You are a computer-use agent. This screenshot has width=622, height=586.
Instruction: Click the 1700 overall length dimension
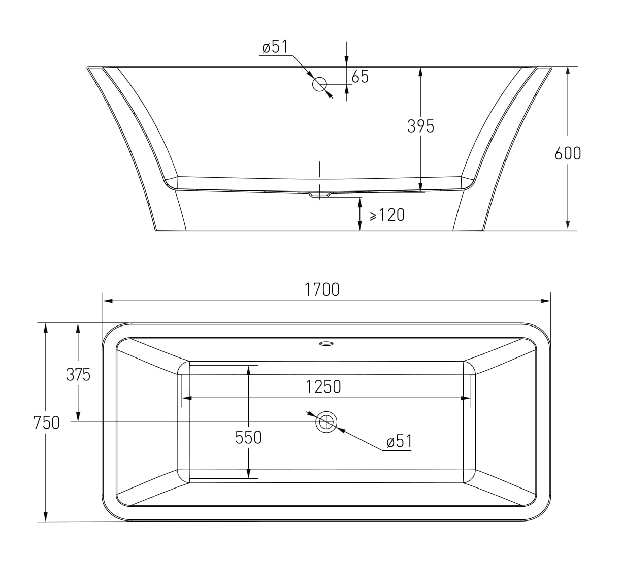(x=322, y=289)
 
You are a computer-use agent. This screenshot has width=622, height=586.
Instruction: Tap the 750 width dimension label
(x=46, y=422)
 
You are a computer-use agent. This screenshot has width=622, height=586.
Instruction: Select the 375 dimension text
(x=78, y=374)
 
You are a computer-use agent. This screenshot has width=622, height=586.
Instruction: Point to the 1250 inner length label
(x=323, y=387)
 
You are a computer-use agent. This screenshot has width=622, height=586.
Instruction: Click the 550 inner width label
(x=248, y=437)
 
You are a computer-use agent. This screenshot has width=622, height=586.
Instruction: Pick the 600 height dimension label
(x=568, y=153)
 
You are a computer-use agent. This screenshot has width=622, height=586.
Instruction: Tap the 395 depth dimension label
(x=420, y=126)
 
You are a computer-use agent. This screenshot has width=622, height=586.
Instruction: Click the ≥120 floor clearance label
(x=387, y=215)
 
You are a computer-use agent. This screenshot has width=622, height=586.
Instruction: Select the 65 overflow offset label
(x=360, y=77)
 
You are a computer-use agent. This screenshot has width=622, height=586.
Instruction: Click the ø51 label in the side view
(x=275, y=47)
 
